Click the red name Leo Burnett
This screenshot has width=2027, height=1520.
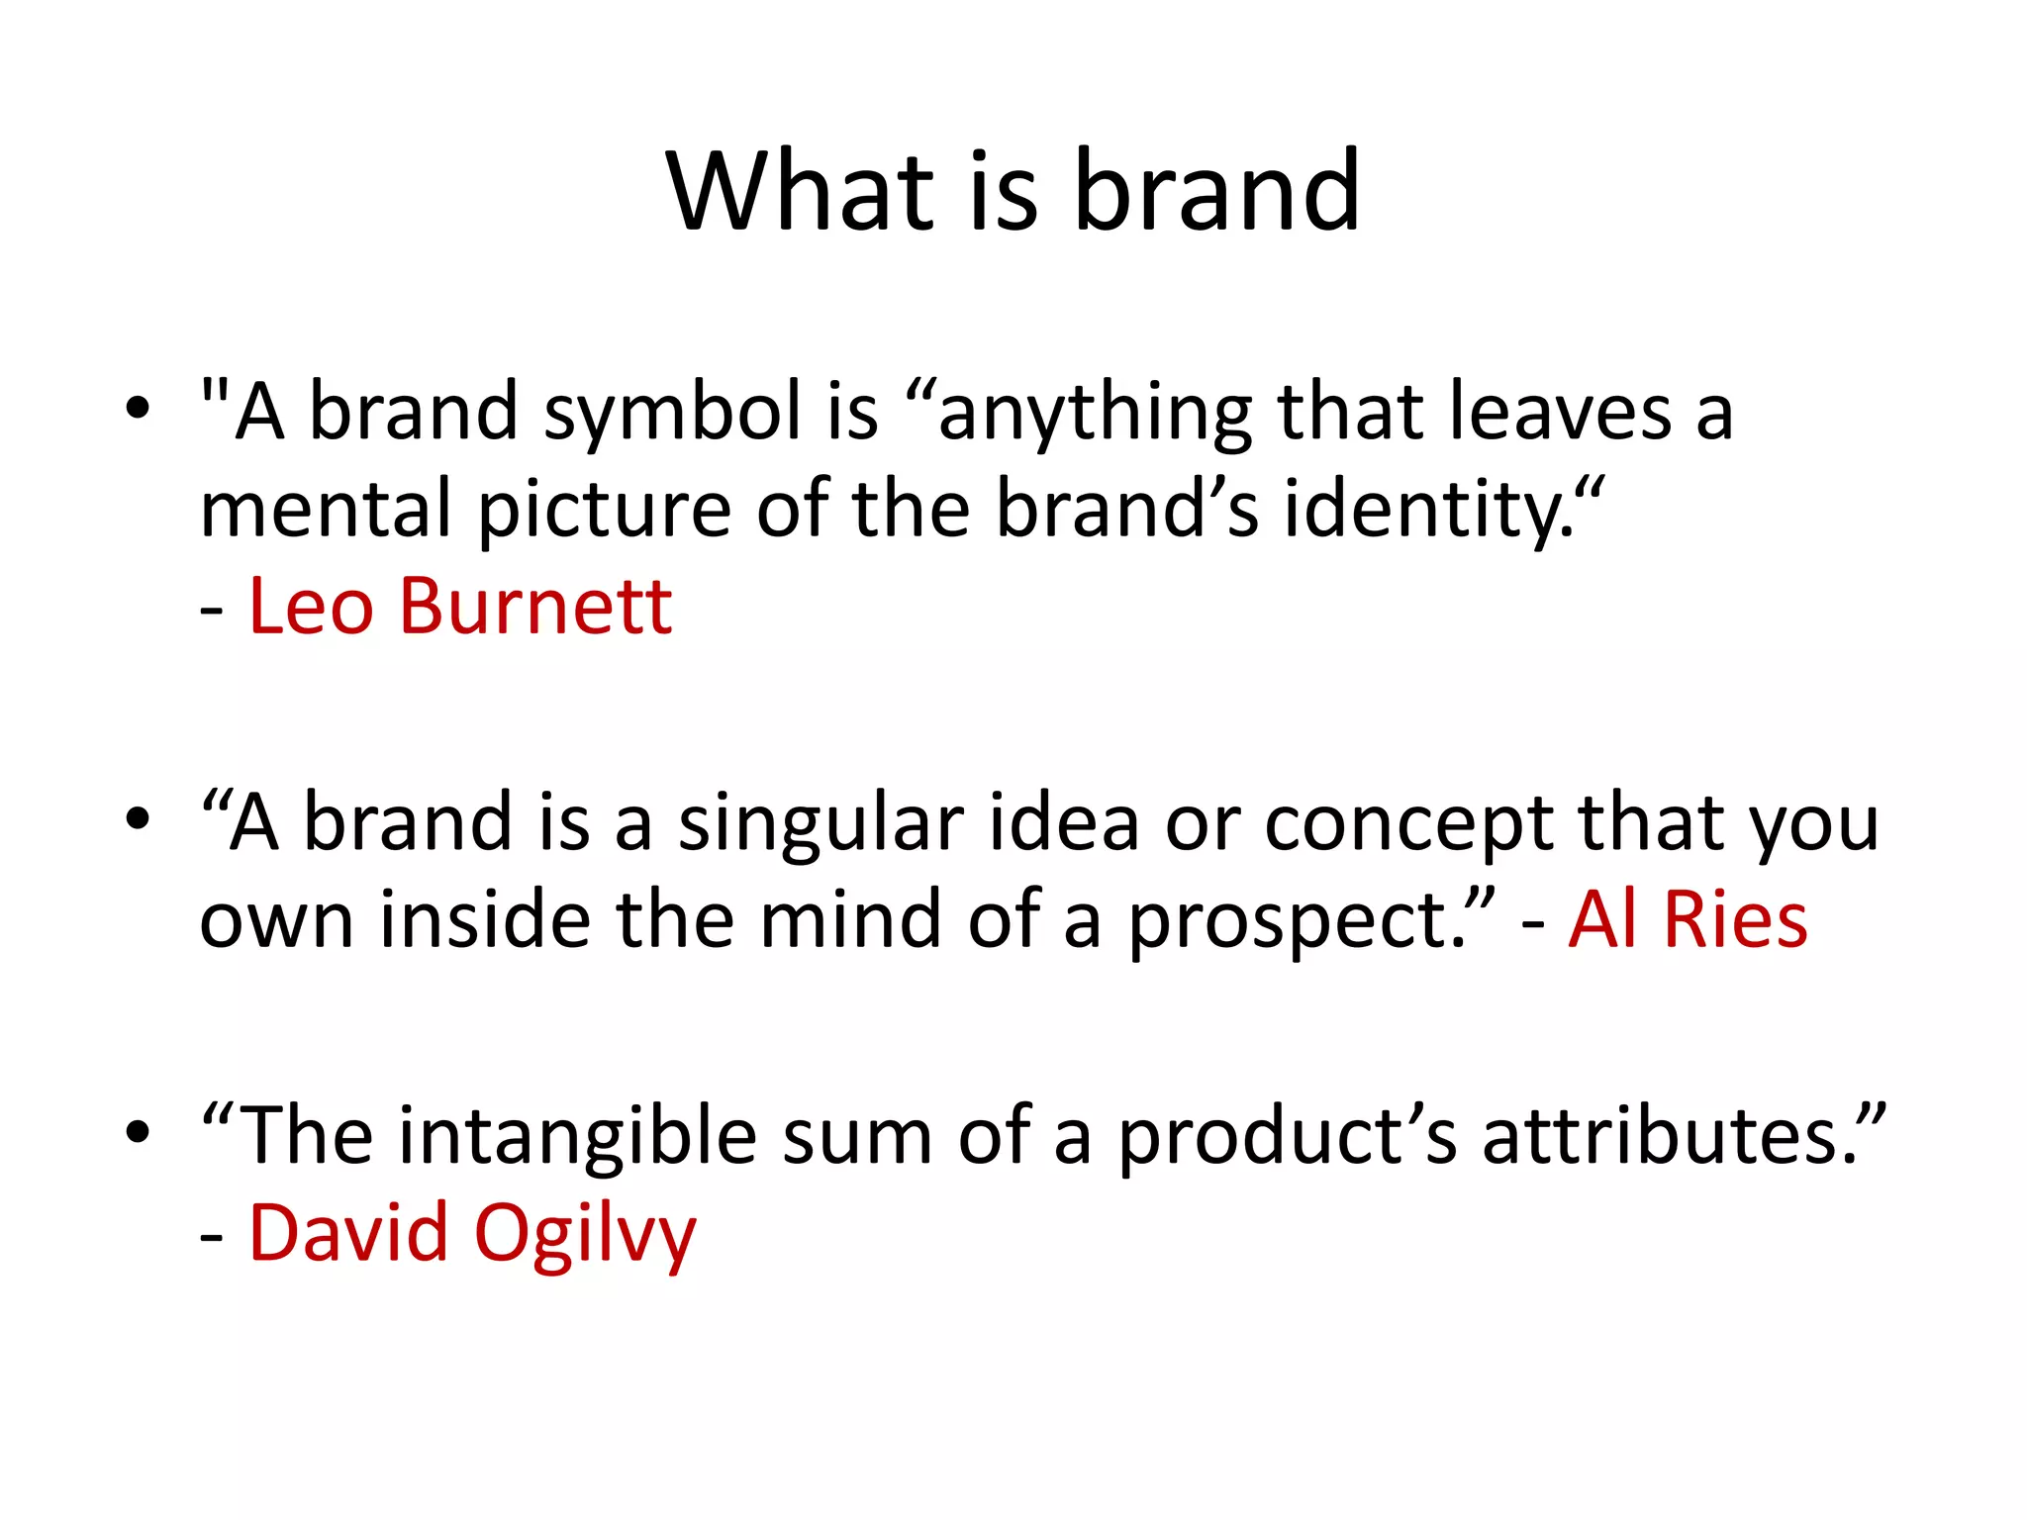(460, 606)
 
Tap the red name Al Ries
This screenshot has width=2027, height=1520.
(1689, 919)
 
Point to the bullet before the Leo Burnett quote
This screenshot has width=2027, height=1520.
(138, 408)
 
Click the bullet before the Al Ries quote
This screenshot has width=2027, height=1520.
(138, 819)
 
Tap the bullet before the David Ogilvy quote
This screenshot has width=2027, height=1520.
(138, 1132)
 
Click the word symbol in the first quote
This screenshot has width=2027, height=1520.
(672, 412)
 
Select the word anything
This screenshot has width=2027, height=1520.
(1094, 414)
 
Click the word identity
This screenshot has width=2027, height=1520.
(1425, 511)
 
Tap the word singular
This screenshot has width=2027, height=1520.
(820, 823)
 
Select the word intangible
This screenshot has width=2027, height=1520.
(579, 1136)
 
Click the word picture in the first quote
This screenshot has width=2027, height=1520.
(604, 510)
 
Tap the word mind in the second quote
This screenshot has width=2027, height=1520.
(850, 919)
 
